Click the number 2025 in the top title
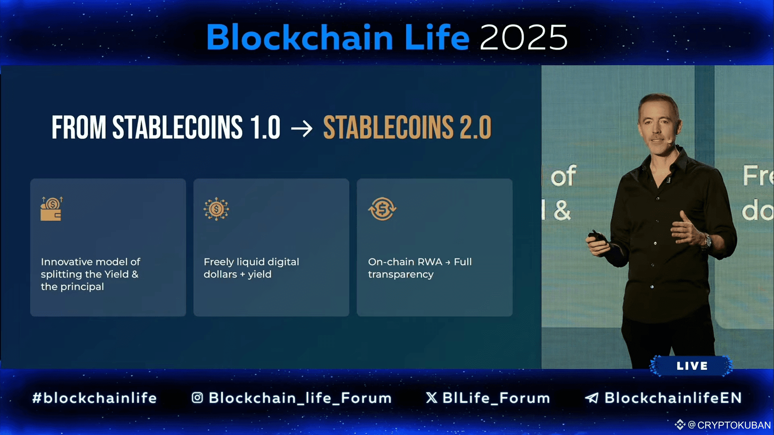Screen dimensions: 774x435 click(x=523, y=37)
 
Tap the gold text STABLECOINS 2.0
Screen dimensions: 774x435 click(x=407, y=127)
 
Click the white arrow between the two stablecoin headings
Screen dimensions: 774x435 click(x=302, y=128)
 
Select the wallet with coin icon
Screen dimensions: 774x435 click(x=52, y=208)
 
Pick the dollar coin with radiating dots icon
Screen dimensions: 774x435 click(x=216, y=209)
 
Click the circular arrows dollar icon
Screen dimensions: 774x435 click(x=382, y=209)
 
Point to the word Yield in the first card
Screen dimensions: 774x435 click(x=116, y=274)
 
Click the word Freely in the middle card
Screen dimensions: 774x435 click(x=219, y=262)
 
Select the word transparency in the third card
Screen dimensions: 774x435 click(x=401, y=275)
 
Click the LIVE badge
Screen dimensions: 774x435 click(x=691, y=366)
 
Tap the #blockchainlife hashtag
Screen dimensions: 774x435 click(x=95, y=398)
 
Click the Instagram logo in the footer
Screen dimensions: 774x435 click(x=197, y=398)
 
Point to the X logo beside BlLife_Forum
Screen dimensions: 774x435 click(x=432, y=398)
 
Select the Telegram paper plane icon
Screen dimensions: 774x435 click(x=592, y=398)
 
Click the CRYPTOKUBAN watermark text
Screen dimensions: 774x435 click(x=734, y=425)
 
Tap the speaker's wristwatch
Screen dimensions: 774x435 click(x=707, y=240)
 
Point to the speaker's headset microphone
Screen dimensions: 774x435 click(x=668, y=141)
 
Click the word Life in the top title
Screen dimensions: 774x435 click(x=437, y=37)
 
